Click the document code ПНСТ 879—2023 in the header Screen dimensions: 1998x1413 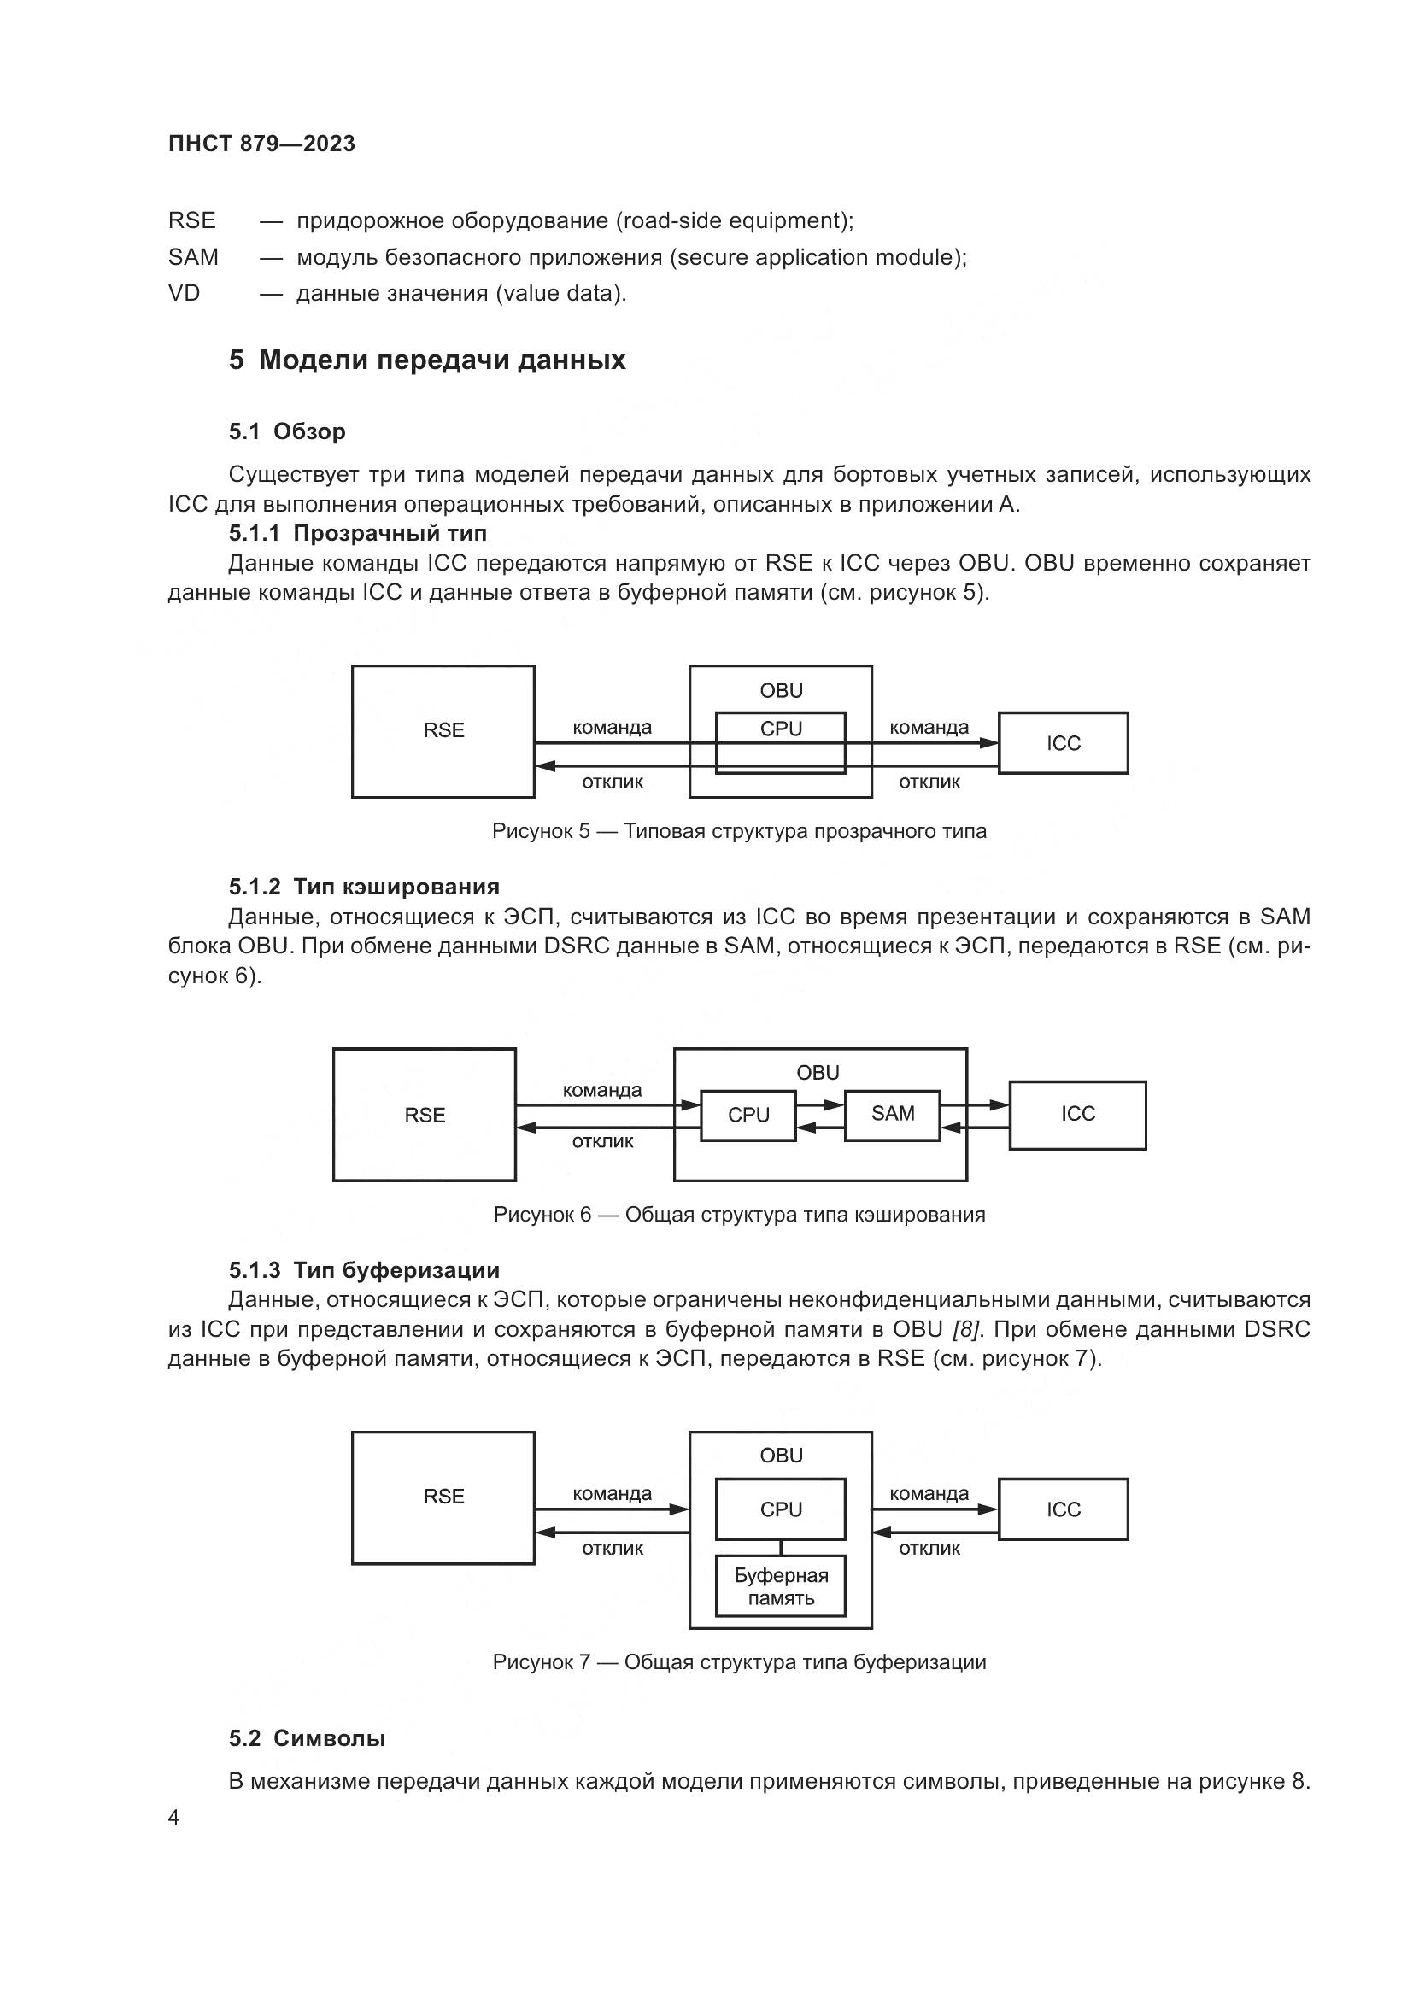pos(262,144)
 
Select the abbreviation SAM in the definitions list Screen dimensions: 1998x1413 pos(193,258)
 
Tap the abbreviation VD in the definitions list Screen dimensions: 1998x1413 pos(185,294)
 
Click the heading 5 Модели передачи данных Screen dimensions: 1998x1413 pos(427,360)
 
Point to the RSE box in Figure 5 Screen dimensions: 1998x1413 pos(443,731)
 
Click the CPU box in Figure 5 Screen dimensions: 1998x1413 pos(781,729)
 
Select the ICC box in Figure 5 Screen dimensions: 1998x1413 pos(1063,743)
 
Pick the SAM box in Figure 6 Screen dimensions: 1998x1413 pos(892,1114)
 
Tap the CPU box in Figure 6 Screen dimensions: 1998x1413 pos(748,1116)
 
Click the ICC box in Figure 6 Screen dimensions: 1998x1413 pos(1077,1115)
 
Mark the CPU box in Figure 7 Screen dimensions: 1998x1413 pos(781,1509)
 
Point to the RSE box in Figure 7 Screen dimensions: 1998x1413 pos(443,1497)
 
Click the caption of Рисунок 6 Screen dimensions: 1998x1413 pos(739,1215)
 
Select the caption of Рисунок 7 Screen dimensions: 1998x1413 pos(739,1663)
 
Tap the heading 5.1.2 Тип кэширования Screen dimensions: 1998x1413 pos(364,887)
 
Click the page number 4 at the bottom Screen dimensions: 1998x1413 pos(174,1818)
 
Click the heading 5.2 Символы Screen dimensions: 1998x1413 pos(308,1738)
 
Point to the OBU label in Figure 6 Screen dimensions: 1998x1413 pos(818,1073)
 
